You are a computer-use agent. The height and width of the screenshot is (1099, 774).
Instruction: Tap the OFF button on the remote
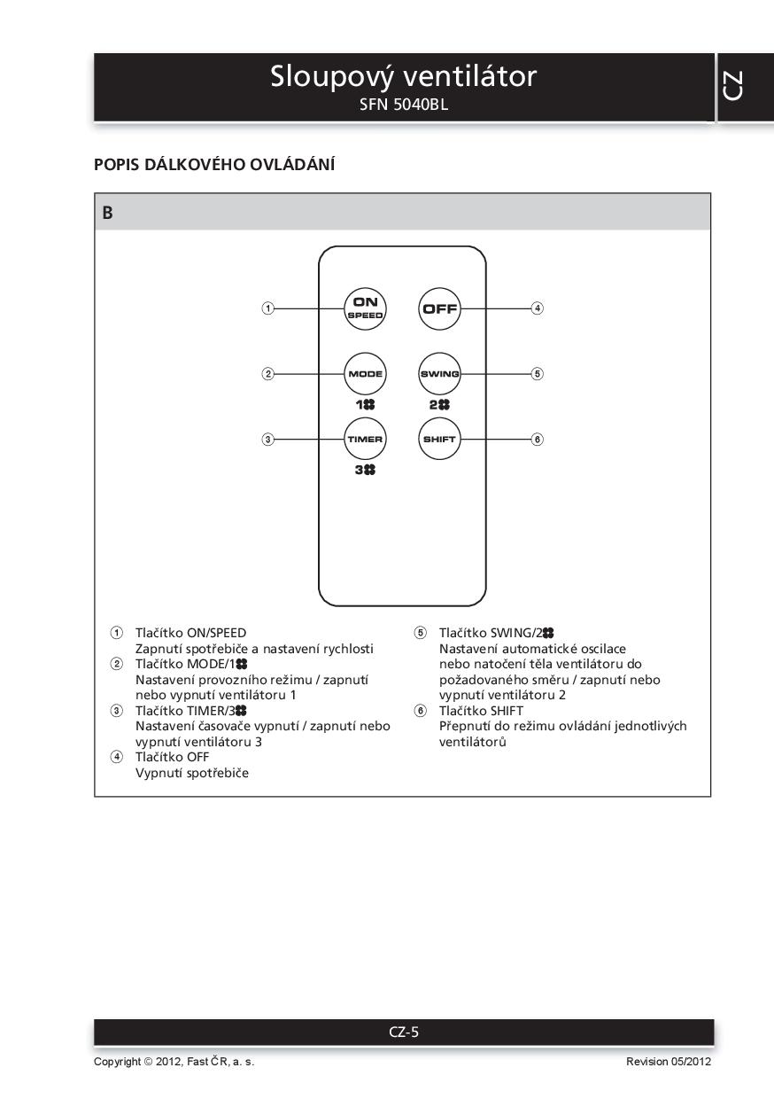(x=439, y=308)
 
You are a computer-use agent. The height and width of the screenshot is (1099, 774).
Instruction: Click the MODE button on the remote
(x=365, y=374)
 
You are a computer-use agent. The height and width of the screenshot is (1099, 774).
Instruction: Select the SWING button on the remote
(x=439, y=374)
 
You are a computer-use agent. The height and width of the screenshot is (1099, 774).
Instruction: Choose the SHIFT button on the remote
(x=439, y=440)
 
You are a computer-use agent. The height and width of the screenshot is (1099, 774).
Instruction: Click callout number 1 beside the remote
(x=267, y=308)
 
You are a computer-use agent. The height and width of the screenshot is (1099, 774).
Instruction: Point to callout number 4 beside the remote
(x=537, y=308)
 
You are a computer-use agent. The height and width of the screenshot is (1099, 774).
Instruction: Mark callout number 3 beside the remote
(x=267, y=440)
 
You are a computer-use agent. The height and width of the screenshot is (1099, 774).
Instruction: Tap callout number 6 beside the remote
(x=537, y=440)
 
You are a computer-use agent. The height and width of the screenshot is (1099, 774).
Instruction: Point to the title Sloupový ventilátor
(x=403, y=77)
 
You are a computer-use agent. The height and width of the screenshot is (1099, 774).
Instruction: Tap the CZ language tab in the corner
(x=732, y=86)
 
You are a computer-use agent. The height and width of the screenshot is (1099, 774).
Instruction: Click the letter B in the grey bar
(x=108, y=213)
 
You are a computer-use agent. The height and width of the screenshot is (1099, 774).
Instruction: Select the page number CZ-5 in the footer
(x=404, y=1032)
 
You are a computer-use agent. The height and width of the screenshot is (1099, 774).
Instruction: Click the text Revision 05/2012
(x=668, y=1062)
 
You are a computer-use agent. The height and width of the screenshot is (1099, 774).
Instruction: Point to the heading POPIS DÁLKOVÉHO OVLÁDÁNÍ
(x=214, y=165)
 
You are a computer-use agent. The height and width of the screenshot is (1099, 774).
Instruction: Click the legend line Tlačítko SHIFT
(x=480, y=711)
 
